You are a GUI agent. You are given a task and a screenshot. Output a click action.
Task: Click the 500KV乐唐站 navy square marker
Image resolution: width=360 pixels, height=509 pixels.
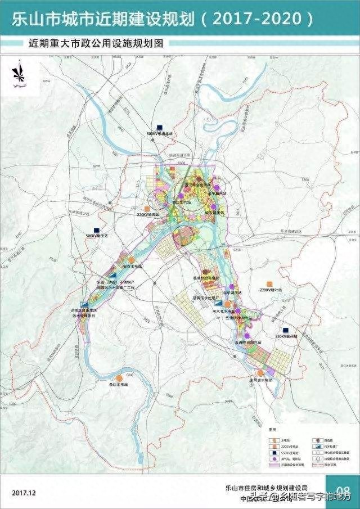click(160, 127)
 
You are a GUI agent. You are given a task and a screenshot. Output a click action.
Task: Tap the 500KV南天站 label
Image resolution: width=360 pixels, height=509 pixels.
click(97, 236)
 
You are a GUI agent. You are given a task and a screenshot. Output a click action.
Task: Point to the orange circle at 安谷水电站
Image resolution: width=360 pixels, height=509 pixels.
click(131, 260)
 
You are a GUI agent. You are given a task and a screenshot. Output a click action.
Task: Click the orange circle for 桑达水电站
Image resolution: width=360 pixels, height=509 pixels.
click(119, 379)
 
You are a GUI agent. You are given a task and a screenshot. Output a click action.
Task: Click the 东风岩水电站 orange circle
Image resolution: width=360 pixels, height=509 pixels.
click(260, 373)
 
